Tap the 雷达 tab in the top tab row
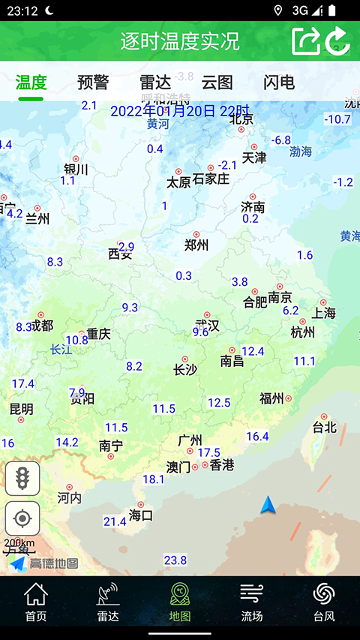[155, 83]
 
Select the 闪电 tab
[279, 83]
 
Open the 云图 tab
[217, 83]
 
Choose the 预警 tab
[93, 83]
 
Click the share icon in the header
[306, 41]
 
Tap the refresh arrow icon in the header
[338, 41]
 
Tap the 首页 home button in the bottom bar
[36, 602]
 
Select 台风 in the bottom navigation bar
[324, 602]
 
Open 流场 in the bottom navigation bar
[252, 602]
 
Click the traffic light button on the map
[22, 479]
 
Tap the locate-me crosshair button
[22, 518]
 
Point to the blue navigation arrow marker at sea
[268, 506]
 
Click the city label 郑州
[196, 245]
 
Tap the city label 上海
[324, 312]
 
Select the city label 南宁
[111, 446]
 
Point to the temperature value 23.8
[175, 560]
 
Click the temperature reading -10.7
[337, 119]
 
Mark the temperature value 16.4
[257, 436]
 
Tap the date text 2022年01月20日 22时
[179, 111]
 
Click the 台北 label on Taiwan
[324, 427]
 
